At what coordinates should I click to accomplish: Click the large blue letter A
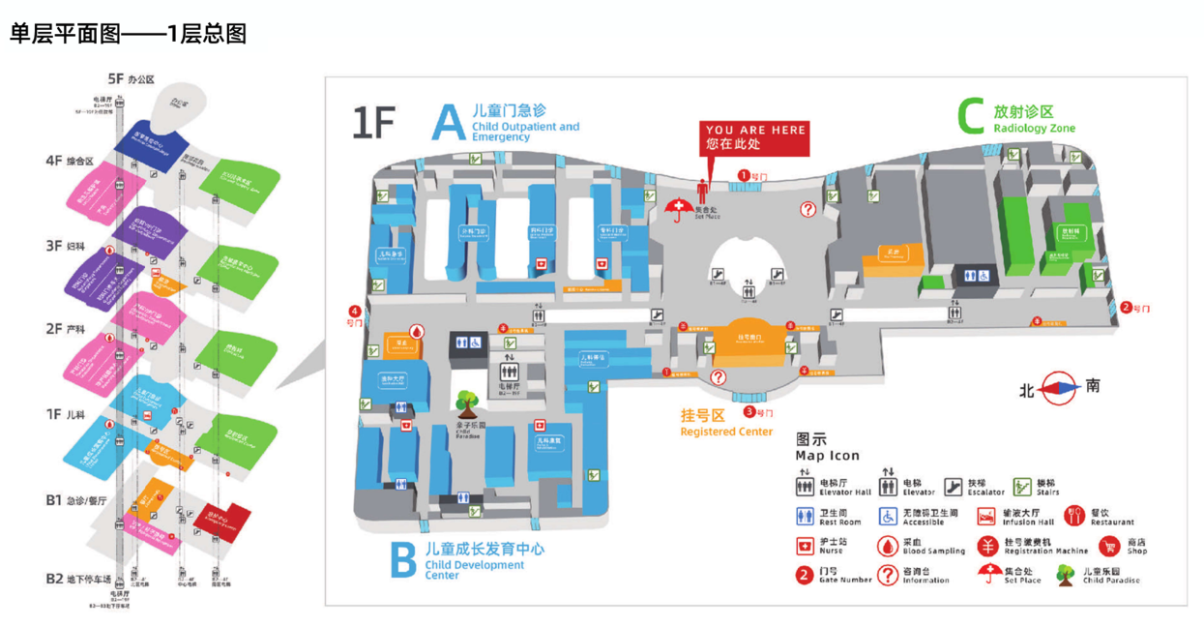pyautogui.click(x=449, y=123)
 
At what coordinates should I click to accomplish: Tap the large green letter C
pyautogui.click(x=971, y=116)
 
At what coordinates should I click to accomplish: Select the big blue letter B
pyautogui.click(x=403, y=559)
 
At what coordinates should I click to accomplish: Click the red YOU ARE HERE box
pyautogui.click(x=755, y=136)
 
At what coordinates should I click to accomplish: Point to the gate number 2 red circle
pyautogui.click(x=1127, y=308)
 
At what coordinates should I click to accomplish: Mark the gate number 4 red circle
pyautogui.click(x=355, y=312)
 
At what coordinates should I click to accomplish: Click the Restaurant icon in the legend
pyautogui.click(x=1073, y=517)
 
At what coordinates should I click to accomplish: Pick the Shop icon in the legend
pyautogui.click(x=1108, y=547)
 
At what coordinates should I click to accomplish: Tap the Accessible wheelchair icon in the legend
pyautogui.click(x=887, y=517)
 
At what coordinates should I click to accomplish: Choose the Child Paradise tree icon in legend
pyautogui.click(x=1066, y=576)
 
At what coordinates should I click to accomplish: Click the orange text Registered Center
pyautogui.click(x=726, y=432)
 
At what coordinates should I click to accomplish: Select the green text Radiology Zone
pyautogui.click(x=1034, y=129)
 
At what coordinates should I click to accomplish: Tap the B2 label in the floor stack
pyautogui.click(x=54, y=579)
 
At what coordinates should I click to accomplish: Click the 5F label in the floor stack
pyautogui.click(x=116, y=78)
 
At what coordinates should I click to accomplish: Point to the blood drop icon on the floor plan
pyautogui.click(x=417, y=331)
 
